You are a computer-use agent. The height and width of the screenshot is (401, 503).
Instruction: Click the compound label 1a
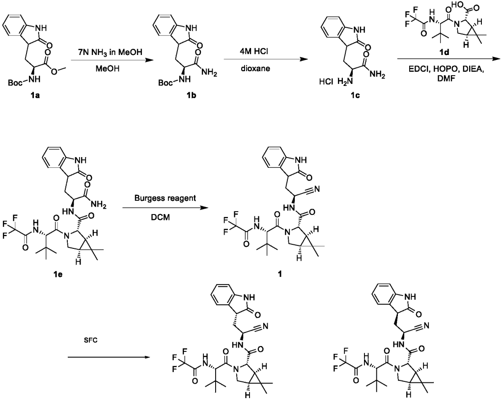pos(35,95)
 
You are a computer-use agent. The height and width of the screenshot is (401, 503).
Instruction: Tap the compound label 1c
pos(355,95)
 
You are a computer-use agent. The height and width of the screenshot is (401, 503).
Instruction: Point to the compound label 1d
pos(444,53)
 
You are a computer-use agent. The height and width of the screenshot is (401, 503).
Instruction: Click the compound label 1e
pos(58,274)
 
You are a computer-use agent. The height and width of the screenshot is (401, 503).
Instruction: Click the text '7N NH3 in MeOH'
pos(106,52)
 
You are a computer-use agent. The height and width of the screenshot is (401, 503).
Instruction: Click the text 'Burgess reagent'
pos(165,198)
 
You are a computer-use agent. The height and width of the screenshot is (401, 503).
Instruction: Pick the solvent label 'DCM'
pos(165,217)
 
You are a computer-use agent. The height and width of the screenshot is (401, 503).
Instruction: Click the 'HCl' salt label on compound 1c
pos(326,82)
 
